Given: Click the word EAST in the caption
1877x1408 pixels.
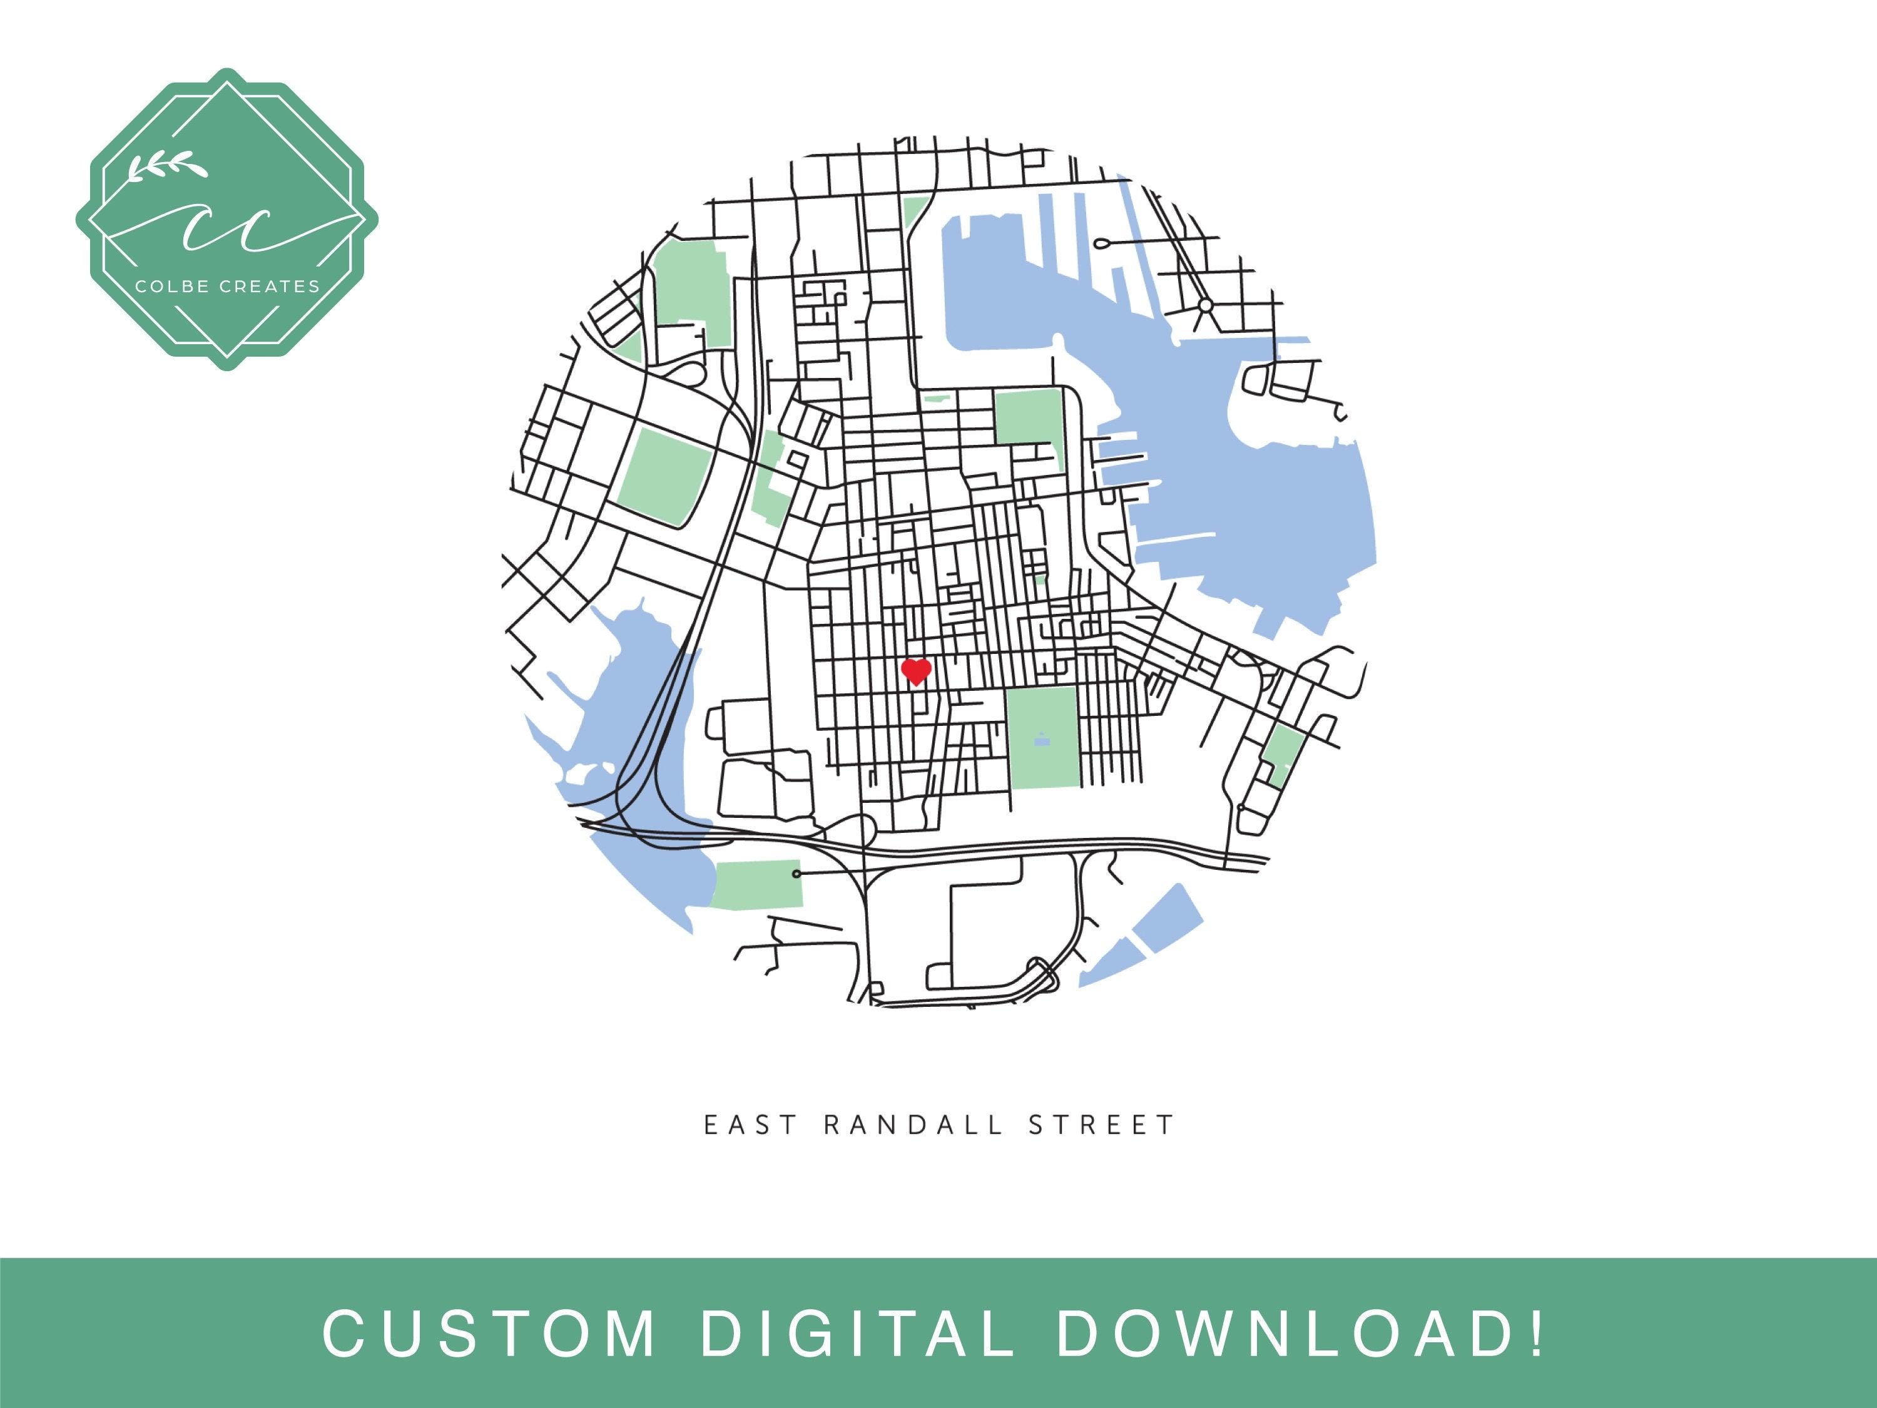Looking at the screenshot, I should (x=751, y=1125).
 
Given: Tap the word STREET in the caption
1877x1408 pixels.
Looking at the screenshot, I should (x=1101, y=1125).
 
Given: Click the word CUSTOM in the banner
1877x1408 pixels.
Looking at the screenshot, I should (x=490, y=1334).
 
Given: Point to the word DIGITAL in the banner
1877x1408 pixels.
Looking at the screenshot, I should (x=857, y=1334).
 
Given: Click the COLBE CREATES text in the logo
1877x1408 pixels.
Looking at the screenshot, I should (x=227, y=287).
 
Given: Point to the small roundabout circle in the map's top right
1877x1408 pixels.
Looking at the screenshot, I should (x=1205, y=305).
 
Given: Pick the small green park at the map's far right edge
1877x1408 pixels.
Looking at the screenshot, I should (x=1282, y=753).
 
